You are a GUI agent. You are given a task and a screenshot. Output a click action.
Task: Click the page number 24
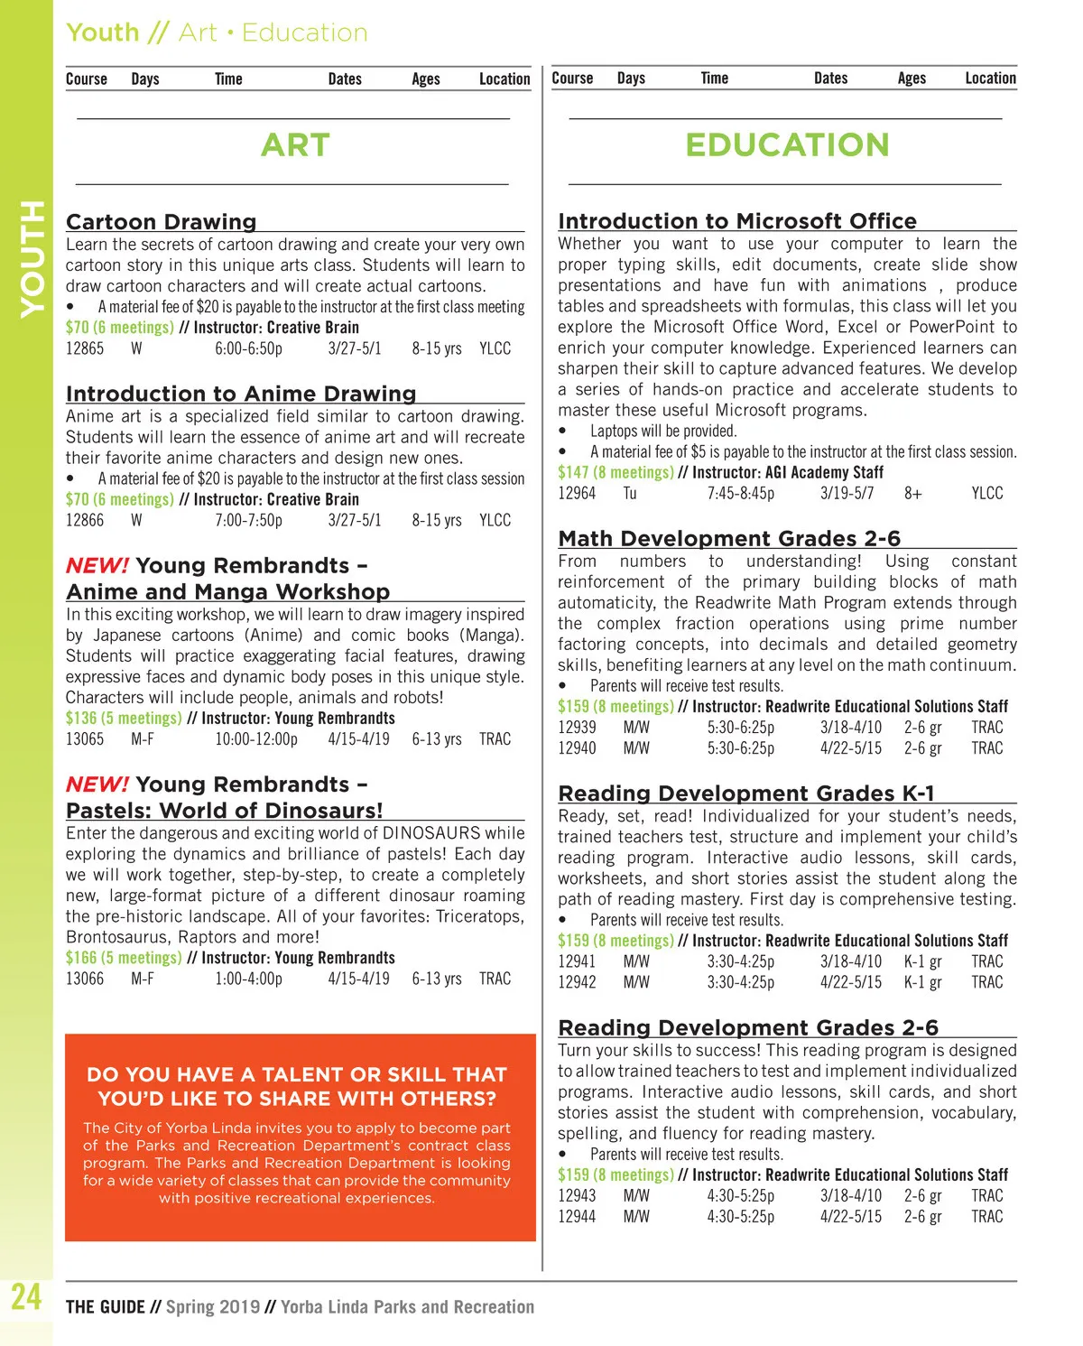[26, 1297]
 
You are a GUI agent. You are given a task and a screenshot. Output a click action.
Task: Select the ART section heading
[295, 145]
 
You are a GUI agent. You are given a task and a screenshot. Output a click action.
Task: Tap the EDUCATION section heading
[787, 145]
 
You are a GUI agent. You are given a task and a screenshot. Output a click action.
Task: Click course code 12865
[85, 348]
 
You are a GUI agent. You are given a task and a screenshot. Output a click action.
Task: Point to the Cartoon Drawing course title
[161, 222]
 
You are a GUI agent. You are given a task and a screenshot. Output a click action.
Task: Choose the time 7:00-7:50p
[248, 521]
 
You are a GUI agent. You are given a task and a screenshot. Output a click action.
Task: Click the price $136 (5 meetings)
[124, 719]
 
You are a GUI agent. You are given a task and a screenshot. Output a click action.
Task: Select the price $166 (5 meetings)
[124, 958]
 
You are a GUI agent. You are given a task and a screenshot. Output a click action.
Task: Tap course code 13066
[85, 979]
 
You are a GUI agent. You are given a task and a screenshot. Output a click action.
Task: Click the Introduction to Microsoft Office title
[736, 221]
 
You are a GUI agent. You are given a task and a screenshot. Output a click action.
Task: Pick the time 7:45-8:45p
[740, 494]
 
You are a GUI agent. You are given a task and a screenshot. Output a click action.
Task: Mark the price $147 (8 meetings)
[616, 472]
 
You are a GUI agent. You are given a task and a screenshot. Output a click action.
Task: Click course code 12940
[577, 748]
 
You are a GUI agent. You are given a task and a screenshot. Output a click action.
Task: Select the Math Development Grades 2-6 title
[729, 539]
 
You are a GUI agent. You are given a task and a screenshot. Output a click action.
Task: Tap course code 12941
[577, 962]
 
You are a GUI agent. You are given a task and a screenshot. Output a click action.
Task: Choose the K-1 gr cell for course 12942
[922, 983]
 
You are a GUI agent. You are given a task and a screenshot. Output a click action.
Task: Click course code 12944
[577, 1217]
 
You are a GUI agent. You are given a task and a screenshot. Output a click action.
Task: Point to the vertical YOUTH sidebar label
[32, 259]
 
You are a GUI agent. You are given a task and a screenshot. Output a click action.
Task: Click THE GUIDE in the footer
[105, 1307]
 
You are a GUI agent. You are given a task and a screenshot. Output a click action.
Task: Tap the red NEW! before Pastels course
[97, 784]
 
